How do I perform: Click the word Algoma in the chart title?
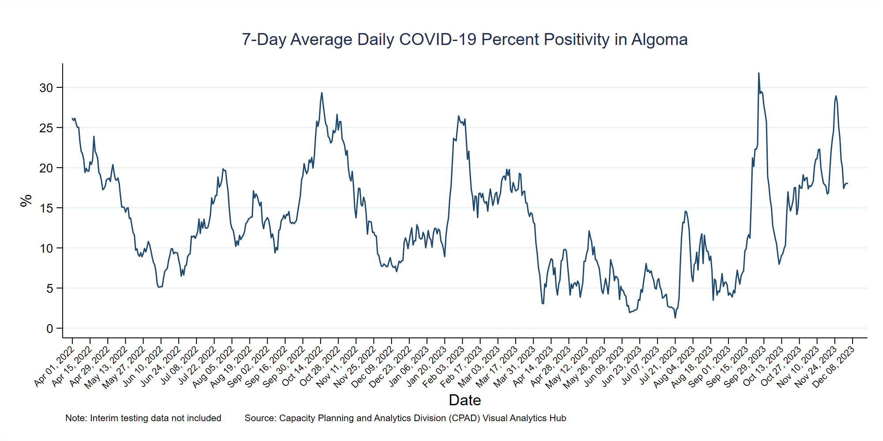[x=659, y=40]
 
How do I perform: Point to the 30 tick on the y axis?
[x=46, y=88]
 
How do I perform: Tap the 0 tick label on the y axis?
[x=49, y=329]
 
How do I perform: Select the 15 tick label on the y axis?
[x=46, y=208]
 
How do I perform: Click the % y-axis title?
[x=26, y=200]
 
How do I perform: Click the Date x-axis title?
[x=464, y=400]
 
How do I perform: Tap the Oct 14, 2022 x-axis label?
[x=303, y=366]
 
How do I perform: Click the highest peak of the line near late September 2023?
[x=758, y=73]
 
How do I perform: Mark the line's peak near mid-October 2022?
[x=321, y=93]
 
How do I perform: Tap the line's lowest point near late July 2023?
[x=675, y=318]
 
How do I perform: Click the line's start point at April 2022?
[x=72, y=118]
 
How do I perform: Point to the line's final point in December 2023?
[x=847, y=183]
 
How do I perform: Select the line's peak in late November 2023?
[x=836, y=96]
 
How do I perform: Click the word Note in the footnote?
[x=75, y=418]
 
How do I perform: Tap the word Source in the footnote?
[x=259, y=418]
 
